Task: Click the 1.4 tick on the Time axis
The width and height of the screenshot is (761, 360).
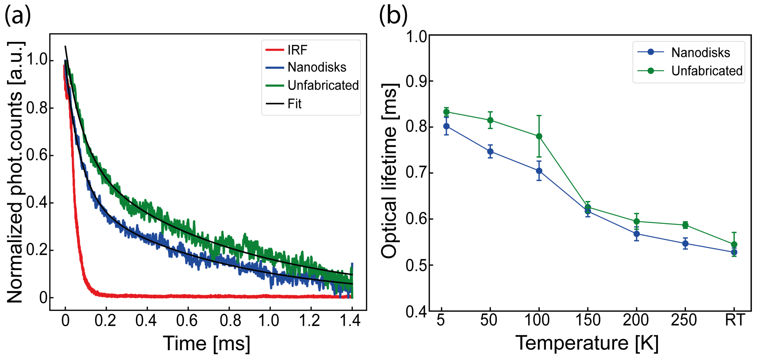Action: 350,320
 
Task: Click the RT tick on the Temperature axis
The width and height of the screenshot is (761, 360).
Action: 734,320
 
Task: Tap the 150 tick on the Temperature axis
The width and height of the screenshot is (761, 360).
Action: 588,320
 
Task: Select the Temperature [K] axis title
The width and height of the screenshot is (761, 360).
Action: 587,343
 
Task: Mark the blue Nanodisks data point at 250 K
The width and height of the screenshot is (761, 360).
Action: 685,244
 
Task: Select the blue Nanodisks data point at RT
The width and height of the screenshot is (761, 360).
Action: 734,252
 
